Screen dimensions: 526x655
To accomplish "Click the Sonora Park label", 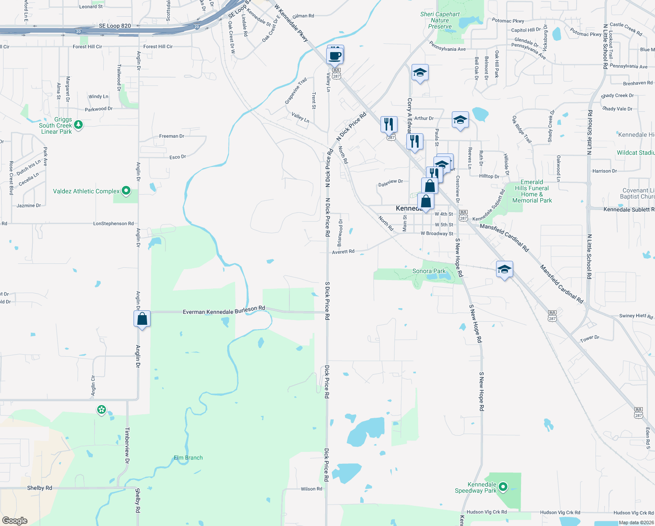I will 429,271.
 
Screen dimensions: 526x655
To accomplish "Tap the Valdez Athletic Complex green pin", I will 126,191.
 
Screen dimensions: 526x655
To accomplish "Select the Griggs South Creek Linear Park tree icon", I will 78,125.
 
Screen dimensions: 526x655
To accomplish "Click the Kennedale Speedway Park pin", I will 503,486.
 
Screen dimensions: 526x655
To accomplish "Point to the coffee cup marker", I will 335,56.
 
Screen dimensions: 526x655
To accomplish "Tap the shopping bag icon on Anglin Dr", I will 142,319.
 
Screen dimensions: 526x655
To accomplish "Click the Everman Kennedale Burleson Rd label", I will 224,310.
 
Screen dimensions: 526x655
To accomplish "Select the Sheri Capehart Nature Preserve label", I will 440,21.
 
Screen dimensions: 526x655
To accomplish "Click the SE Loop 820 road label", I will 115,26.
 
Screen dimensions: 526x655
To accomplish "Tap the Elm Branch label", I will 188,458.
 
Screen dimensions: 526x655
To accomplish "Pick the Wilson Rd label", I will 311,489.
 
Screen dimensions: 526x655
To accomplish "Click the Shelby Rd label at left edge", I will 39,488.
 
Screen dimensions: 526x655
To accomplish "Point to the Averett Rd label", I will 343,252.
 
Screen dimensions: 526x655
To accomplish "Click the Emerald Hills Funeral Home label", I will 532,191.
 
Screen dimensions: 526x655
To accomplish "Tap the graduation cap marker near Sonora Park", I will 504,270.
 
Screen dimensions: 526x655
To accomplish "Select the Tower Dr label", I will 590,339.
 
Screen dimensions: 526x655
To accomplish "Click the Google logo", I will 15,521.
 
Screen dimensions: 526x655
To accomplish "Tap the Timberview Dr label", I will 127,445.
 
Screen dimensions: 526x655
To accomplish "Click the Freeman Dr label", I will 172,136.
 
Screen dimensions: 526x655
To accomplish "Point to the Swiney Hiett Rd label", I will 636,316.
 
